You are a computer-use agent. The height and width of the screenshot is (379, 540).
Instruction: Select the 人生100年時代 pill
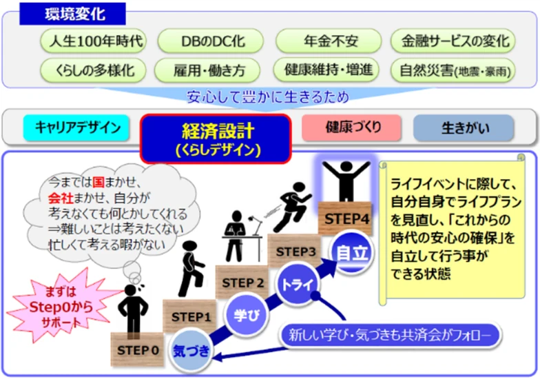pos(93,41)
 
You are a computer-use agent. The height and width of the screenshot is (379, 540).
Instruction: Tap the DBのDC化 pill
pos(207,41)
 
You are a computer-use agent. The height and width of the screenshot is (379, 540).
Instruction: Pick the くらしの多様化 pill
pos(93,70)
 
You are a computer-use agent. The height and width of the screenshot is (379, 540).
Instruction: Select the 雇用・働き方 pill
pos(207,70)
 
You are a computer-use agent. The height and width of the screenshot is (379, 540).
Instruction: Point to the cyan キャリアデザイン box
pos(77,127)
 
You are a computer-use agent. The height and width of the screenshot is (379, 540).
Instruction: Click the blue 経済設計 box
pos(215,138)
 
